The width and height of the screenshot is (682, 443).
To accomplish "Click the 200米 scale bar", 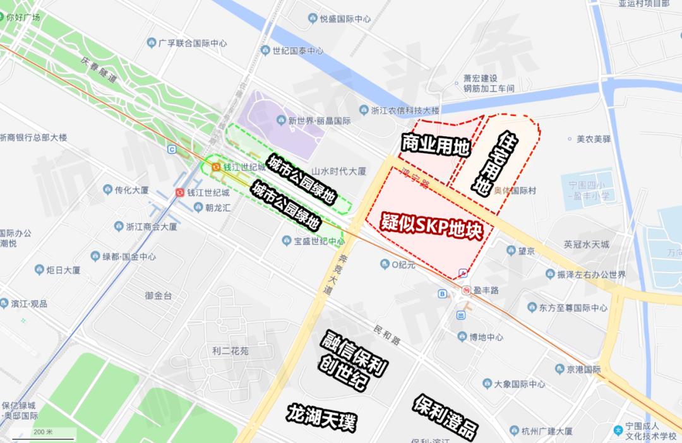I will pyautogui.click(x=44, y=433).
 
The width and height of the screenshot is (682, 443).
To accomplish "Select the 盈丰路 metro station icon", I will pyautogui.click(x=465, y=290).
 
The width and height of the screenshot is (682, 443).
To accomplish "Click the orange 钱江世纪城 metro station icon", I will pyautogui.click(x=216, y=167).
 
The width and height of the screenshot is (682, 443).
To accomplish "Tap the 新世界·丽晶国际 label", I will pyautogui.click(x=319, y=120).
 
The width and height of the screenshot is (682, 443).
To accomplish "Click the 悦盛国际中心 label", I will pyautogui.click(x=345, y=19).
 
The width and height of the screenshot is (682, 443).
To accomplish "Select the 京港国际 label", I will pyautogui.click(x=583, y=369).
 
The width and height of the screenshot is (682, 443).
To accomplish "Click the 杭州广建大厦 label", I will pyautogui.click(x=547, y=432).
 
